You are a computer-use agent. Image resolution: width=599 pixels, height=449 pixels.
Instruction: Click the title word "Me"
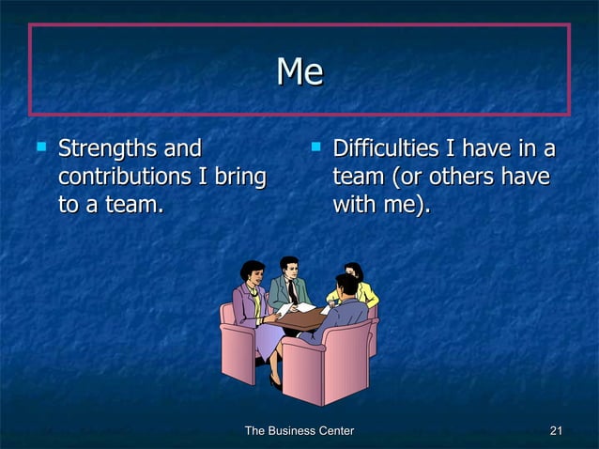tap(299, 72)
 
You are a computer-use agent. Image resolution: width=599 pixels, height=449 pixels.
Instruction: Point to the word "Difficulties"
tap(389, 148)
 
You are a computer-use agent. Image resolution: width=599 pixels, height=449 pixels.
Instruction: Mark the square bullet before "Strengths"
tap(40, 147)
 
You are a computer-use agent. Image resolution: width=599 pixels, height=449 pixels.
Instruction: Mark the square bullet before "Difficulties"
tap(316, 147)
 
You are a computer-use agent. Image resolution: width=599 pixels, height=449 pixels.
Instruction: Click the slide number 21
tap(555, 431)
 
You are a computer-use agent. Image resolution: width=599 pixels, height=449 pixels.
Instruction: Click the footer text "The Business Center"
tap(299, 431)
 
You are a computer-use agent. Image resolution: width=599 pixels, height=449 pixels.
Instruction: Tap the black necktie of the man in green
tap(292, 292)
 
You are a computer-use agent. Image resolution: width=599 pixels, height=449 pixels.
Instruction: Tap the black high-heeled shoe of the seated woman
tap(275, 380)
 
